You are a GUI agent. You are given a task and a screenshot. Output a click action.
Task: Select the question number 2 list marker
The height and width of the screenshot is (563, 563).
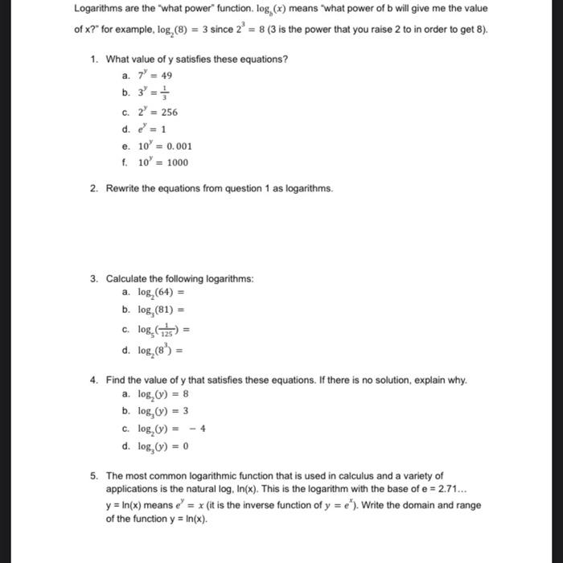click(94, 188)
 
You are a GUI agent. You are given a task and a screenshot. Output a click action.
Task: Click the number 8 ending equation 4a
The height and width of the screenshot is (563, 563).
click(186, 394)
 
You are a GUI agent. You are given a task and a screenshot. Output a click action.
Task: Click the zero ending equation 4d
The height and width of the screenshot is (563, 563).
click(186, 446)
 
